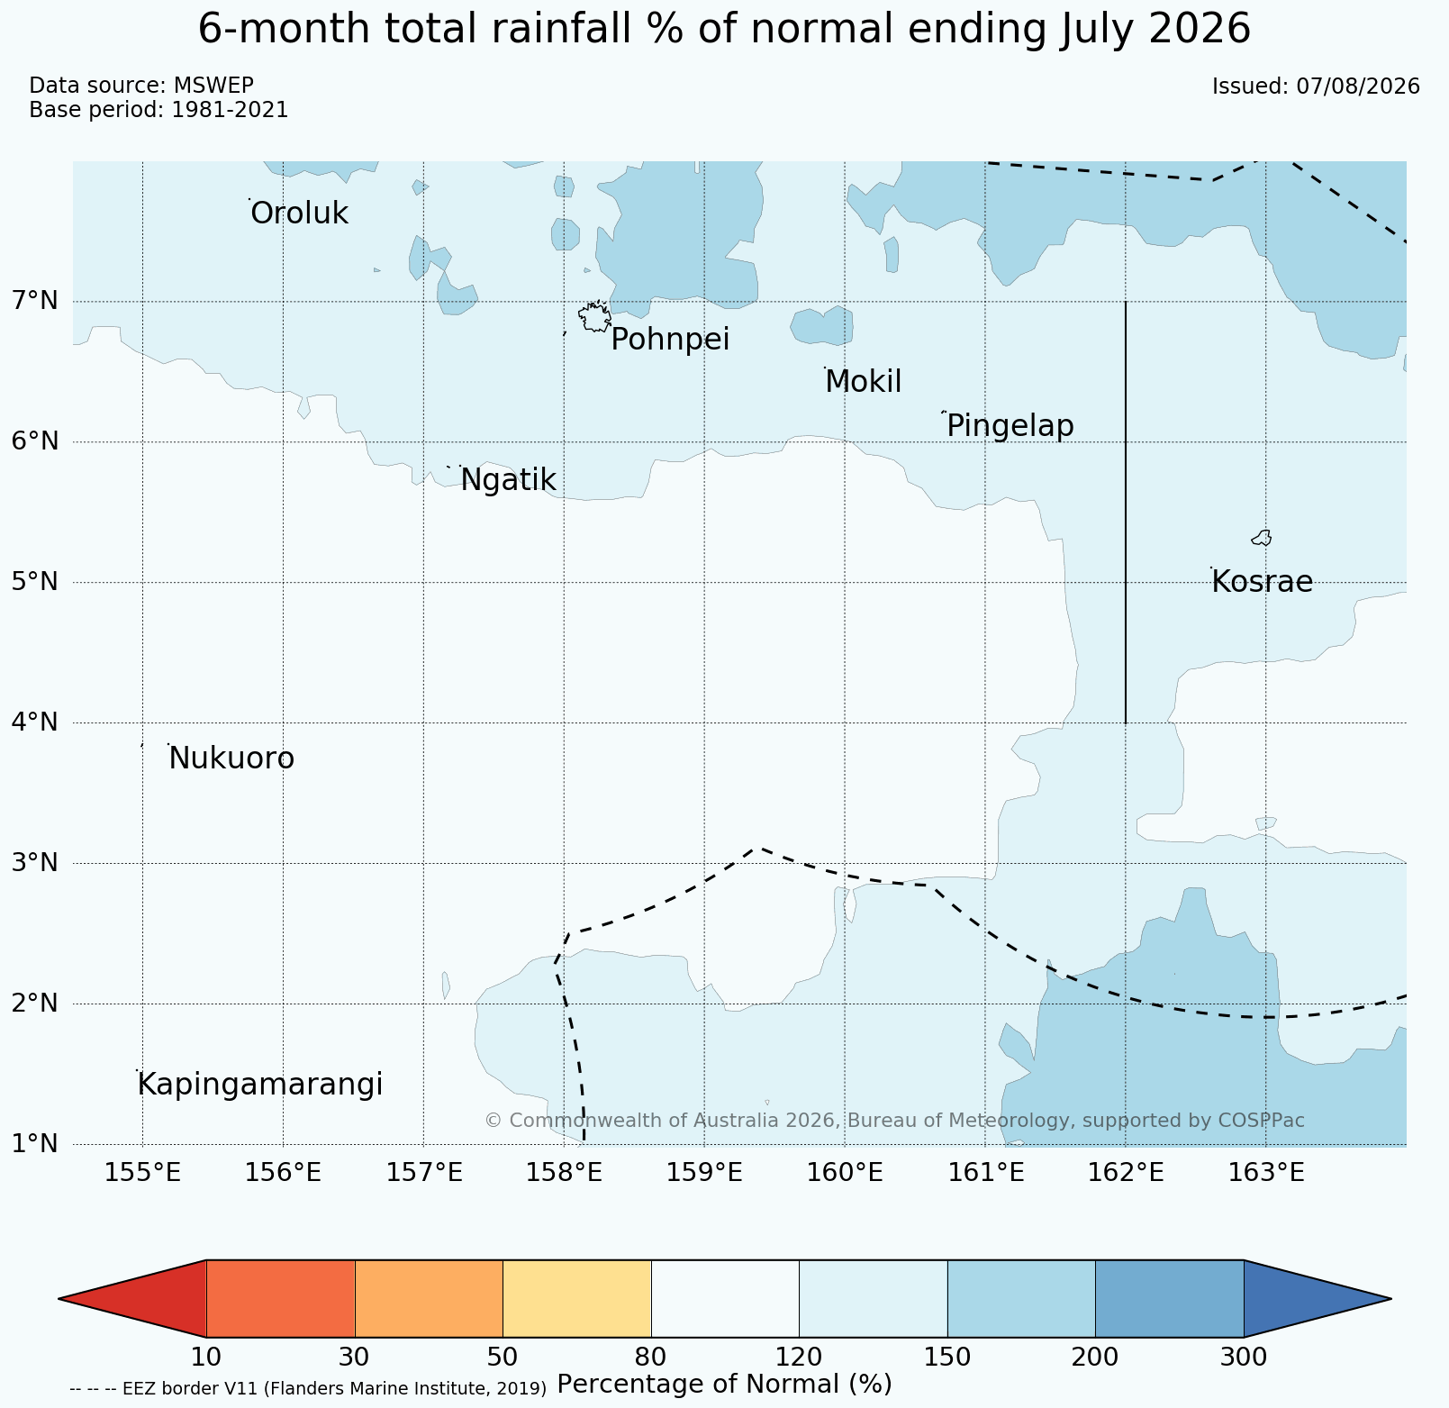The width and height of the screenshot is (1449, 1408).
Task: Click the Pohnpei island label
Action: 670,341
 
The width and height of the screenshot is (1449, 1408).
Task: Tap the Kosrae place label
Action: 1262,582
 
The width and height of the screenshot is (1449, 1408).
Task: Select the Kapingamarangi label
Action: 260,1085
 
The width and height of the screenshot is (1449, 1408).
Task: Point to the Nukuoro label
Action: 231,759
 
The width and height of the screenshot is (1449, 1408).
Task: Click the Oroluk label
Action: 299,213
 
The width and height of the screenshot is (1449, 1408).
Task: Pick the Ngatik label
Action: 508,481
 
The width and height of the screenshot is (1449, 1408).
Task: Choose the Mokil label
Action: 864,382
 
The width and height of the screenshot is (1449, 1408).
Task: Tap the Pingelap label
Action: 1010,426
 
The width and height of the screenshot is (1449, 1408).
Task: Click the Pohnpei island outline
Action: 595,317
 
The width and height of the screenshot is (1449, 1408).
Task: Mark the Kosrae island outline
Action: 1262,538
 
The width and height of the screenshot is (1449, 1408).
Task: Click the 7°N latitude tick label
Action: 34,300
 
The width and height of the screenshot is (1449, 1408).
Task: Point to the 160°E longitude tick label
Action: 844,1173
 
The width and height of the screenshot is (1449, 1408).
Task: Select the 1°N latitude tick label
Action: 34,1144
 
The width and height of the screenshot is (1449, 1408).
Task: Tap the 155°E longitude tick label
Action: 142,1173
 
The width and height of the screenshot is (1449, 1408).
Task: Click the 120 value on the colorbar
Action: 799,1357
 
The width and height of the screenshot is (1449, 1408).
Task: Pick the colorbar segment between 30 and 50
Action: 429,1298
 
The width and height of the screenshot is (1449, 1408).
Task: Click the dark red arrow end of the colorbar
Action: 132,1298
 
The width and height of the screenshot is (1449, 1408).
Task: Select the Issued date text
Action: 1316,86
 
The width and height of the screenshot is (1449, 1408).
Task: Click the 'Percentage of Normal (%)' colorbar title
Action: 724,1384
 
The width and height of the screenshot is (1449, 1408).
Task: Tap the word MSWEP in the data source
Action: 213,86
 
